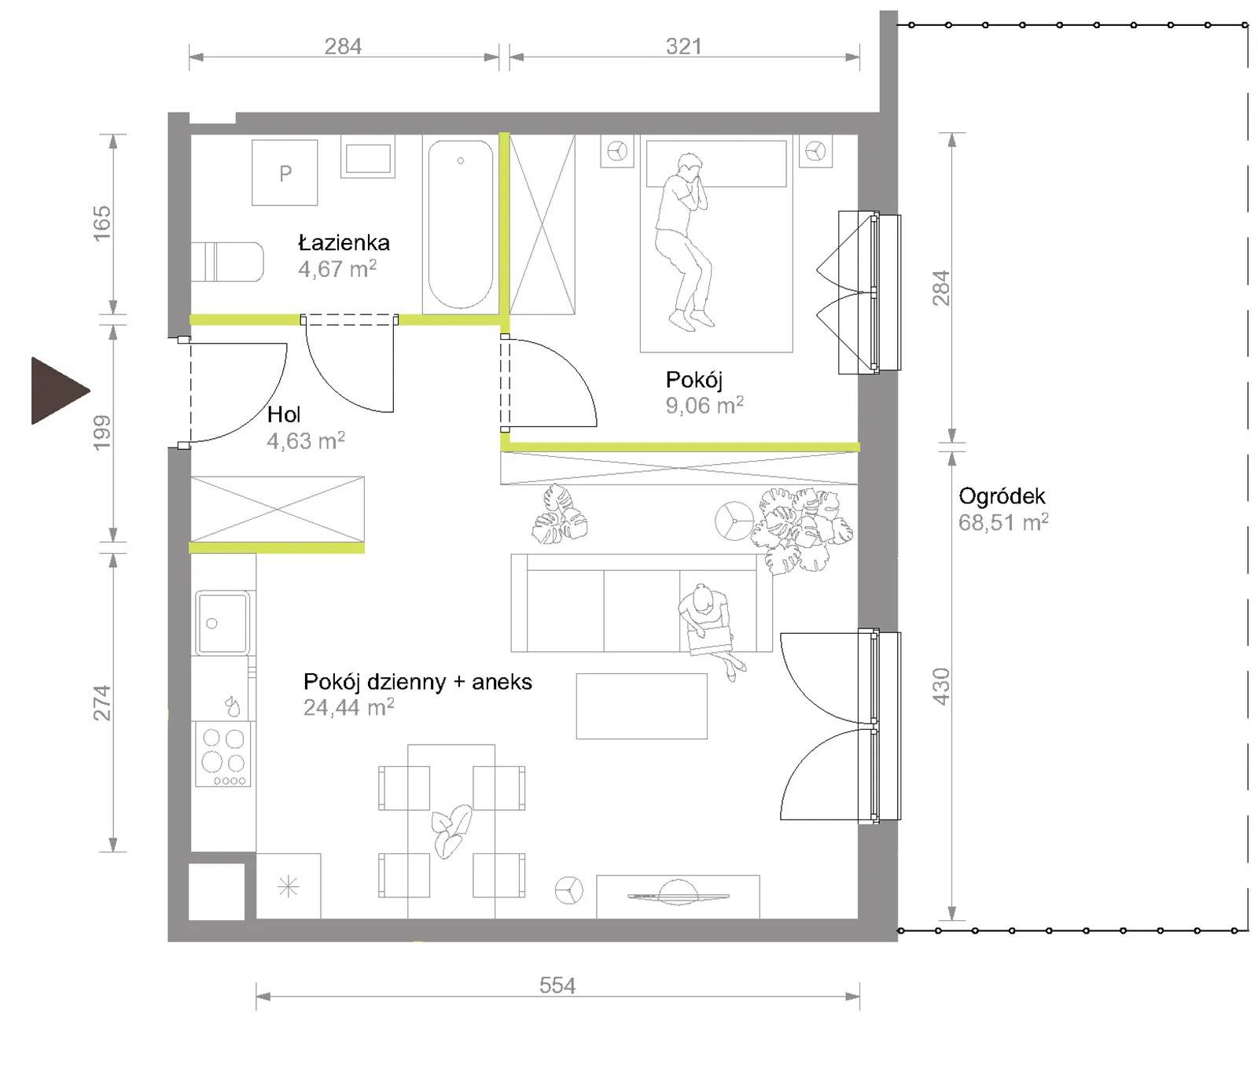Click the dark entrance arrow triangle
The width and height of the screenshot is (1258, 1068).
(x=57, y=390)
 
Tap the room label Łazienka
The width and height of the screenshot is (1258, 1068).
(x=344, y=241)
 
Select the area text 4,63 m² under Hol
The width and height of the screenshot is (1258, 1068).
(x=306, y=440)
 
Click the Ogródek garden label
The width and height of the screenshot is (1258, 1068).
(x=1002, y=497)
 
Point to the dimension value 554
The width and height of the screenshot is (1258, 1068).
(x=557, y=985)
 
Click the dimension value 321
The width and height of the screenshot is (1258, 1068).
(x=684, y=46)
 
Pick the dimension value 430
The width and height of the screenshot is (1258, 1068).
(x=941, y=686)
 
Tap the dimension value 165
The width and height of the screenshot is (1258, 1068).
(x=102, y=223)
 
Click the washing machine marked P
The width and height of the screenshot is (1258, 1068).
(x=285, y=172)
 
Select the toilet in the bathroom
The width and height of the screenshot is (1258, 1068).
(x=226, y=261)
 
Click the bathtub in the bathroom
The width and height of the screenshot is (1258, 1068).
(x=460, y=224)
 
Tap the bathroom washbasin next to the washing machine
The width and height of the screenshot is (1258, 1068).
(x=368, y=159)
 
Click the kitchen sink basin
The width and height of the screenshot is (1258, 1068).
(x=223, y=623)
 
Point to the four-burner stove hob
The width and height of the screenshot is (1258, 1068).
(x=223, y=754)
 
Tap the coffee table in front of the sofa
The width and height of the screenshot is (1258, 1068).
(x=642, y=706)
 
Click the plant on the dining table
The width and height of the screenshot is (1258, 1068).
(x=451, y=831)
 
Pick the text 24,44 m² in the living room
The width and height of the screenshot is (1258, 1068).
(x=349, y=707)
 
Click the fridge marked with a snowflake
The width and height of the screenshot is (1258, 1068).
(x=289, y=886)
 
